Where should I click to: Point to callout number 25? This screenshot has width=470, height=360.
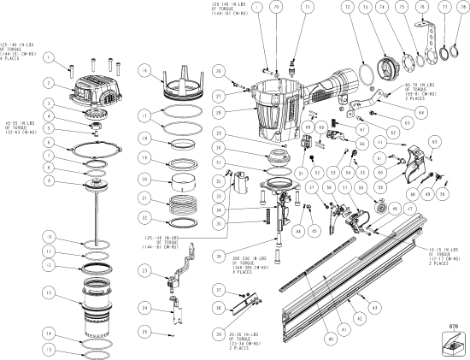click(x=146, y=331)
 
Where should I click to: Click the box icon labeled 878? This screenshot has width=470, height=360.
click(x=450, y=339)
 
